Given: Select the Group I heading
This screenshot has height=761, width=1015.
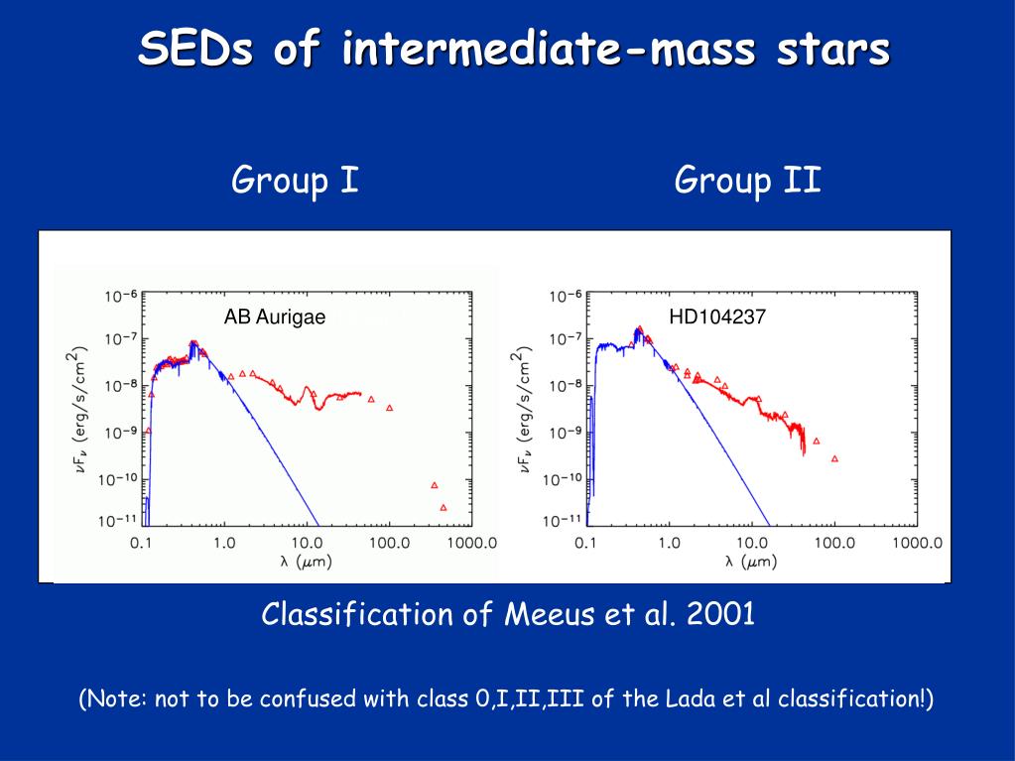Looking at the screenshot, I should (295, 182).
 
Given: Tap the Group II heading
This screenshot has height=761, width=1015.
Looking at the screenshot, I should (748, 182).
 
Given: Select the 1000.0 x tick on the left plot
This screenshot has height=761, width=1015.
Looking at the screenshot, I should (471, 543).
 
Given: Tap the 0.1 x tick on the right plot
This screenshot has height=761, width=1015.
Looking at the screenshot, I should (586, 543).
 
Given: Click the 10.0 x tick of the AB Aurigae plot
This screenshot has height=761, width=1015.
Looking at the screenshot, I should (307, 543).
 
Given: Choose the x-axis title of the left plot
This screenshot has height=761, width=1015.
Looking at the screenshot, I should (307, 563).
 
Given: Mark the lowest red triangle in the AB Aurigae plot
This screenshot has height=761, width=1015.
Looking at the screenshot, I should (443, 507).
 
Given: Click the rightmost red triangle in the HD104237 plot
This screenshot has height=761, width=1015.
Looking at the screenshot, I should (834, 458).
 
